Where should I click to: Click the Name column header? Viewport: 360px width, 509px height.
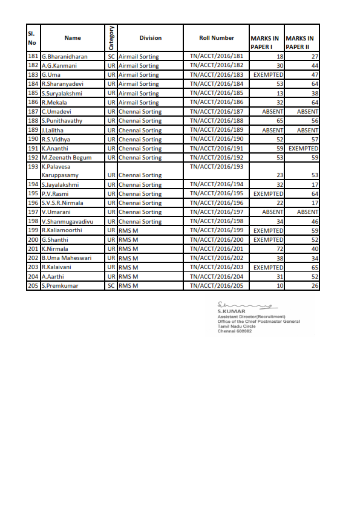point(72,38)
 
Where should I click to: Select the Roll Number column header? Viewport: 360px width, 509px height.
point(217,38)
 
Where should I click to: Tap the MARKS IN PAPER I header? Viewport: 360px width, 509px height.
point(266,42)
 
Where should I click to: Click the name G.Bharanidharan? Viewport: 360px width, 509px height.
point(65,56)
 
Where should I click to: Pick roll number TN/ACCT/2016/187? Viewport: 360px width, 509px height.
point(217,112)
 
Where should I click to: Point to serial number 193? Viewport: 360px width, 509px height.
point(33,166)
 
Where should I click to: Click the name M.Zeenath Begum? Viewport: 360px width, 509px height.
point(67,158)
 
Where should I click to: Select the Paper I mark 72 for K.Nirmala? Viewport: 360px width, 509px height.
point(280,249)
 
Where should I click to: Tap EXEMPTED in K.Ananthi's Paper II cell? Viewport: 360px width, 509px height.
point(303,148)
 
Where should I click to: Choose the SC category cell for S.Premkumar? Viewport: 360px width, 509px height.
point(111,285)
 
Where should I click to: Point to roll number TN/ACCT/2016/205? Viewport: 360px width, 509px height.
point(217,285)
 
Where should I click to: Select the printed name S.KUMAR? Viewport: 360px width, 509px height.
point(227,312)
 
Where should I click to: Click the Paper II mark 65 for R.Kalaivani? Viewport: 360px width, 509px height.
point(314,267)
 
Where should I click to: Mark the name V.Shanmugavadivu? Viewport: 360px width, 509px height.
point(68,221)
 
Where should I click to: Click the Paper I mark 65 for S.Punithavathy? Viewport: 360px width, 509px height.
point(280,121)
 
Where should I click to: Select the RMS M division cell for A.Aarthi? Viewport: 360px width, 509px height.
point(128,276)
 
